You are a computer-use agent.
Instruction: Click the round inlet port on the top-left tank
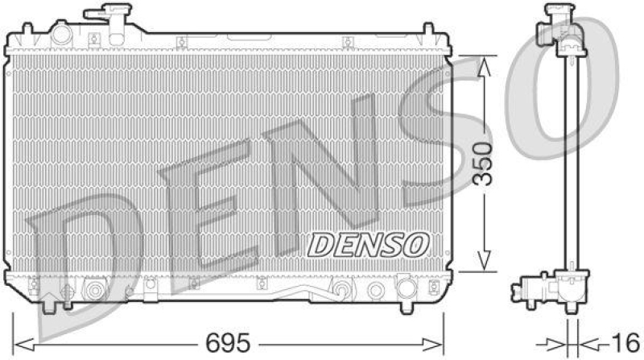pyautogui.click(x=60, y=36)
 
